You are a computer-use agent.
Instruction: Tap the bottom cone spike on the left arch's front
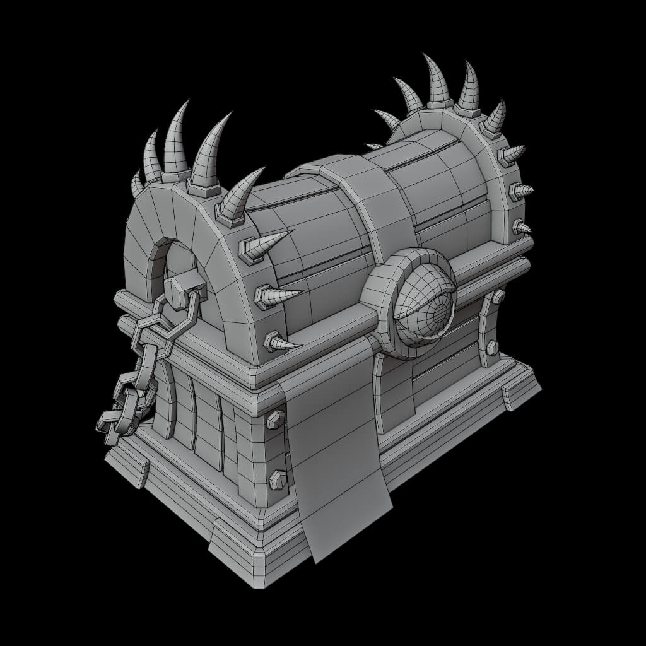tap(281, 343)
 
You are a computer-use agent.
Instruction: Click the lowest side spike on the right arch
tap(522, 227)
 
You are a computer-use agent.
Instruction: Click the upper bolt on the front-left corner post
tap(275, 419)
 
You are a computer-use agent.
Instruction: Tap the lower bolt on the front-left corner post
tap(278, 480)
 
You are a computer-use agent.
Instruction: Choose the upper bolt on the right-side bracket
tap(497, 297)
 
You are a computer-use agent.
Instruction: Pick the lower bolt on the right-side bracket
tap(492, 347)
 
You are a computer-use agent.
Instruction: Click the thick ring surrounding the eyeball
tap(385, 297)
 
